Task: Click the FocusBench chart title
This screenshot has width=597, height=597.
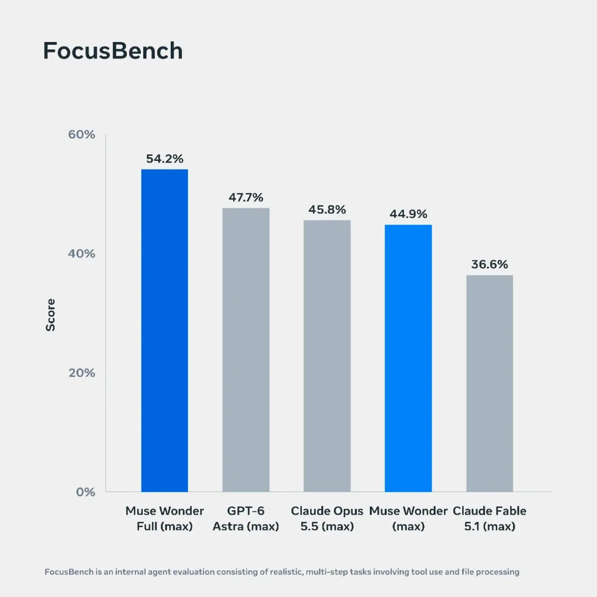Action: tap(113, 51)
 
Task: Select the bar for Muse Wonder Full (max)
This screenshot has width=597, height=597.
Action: tap(165, 331)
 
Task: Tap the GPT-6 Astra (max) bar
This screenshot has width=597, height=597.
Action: tap(246, 350)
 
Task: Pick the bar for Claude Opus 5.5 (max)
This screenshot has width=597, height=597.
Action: tap(327, 356)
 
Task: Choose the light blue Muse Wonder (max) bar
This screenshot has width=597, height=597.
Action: tap(408, 358)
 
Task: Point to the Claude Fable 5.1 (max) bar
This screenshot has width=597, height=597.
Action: tap(490, 384)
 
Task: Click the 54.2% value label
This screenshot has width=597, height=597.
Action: tap(165, 159)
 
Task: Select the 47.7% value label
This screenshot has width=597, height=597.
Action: tap(246, 197)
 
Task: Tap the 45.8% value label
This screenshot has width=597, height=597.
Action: tap(327, 210)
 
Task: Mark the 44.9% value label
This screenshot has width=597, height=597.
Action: tap(408, 214)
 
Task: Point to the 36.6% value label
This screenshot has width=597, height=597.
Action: tap(490, 265)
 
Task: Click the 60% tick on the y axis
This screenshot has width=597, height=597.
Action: tap(81, 134)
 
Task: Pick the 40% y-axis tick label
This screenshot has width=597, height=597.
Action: tap(81, 254)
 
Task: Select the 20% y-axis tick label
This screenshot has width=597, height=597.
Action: tap(82, 373)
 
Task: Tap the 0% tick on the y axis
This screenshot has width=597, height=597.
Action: tap(86, 492)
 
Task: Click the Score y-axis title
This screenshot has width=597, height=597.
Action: tap(51, 315)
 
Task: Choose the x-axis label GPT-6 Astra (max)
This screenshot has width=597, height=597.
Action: tap(246, 519)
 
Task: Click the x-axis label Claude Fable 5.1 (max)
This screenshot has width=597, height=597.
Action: tap(490, 519)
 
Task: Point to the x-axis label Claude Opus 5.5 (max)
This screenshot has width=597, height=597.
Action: tap(327, 519)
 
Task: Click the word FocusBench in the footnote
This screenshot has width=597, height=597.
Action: tap(69, 572)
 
